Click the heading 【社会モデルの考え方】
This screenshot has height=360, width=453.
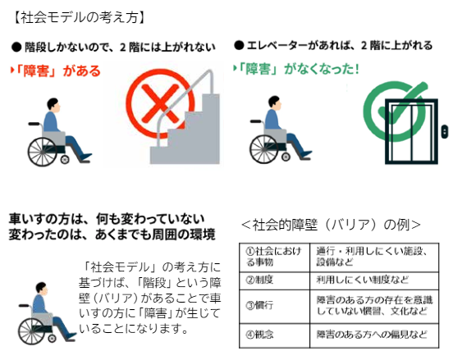tap(79, 17)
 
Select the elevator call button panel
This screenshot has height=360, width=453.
tap(444, 132)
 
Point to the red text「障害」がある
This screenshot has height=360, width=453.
tap(56, 71)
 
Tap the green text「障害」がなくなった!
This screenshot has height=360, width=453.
tap(295, 69)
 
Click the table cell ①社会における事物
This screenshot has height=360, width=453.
tap(274, 257)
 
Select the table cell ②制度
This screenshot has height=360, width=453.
tap(274, 280)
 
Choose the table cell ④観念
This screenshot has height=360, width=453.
tap(274, 335)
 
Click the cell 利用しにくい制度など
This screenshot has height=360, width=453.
tap(374, 280)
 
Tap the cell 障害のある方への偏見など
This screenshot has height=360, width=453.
tap(374, 335)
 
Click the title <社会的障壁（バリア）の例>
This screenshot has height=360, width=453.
tap(331, 226)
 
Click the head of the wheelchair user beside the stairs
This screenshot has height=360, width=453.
tap(53, 105)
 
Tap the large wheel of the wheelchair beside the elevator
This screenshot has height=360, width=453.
tap(264, 149)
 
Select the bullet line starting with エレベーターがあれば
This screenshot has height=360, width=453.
tap(333, 45)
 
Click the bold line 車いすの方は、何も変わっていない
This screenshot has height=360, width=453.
tap(107, 220)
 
